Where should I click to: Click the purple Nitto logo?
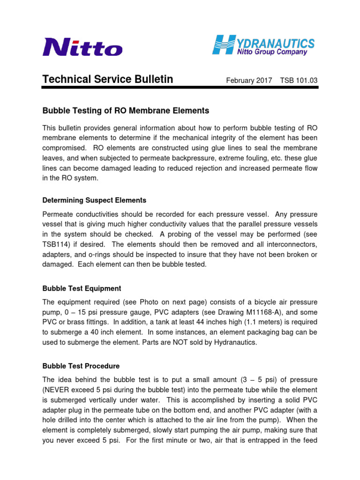point(82,47)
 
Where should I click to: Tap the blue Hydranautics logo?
point(264,44)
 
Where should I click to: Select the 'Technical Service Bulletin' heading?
point(108,80)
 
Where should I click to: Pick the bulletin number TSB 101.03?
point(299,81)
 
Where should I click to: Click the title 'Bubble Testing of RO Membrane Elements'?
point(126,111)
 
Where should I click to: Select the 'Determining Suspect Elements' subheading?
point(94,200)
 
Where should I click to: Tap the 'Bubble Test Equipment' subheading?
point(82,288)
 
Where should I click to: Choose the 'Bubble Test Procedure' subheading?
point(81,366)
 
